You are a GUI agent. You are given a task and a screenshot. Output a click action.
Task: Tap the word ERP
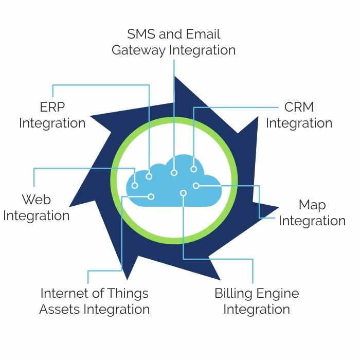52,107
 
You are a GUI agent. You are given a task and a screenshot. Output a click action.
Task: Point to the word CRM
299,107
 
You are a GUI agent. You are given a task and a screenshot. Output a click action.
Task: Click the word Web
36,199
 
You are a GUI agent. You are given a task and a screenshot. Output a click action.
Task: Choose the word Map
312,205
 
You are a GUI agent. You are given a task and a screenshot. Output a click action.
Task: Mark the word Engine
278,294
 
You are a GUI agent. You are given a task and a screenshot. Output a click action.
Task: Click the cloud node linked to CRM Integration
193,169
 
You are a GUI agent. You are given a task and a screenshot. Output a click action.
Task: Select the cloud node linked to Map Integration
196,185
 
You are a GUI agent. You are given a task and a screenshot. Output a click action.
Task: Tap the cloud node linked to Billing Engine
183,193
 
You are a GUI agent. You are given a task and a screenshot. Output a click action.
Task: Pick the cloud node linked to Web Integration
135,185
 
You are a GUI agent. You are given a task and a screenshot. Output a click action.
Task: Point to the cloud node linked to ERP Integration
149,176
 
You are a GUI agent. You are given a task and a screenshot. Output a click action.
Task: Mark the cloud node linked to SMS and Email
174,173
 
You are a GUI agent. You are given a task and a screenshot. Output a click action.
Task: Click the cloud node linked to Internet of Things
151,196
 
